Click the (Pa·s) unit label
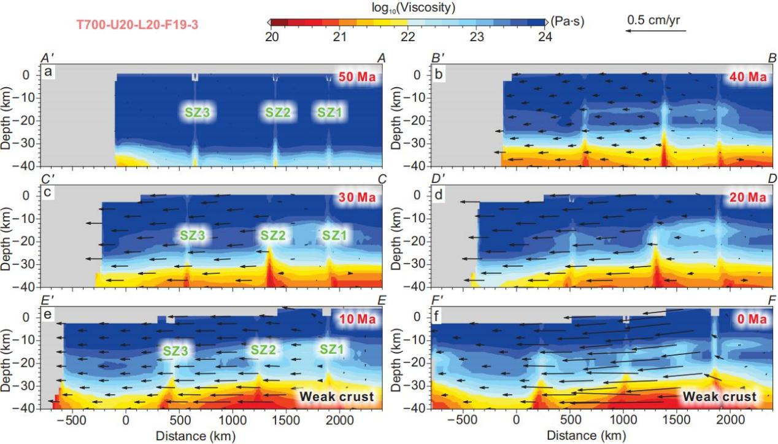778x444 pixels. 568,21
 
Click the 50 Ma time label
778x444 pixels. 359,78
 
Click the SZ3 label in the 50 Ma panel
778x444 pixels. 198,112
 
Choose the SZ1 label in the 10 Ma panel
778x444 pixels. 333,349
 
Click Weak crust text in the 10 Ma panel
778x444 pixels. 337,397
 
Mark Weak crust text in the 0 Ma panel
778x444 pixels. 719,397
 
